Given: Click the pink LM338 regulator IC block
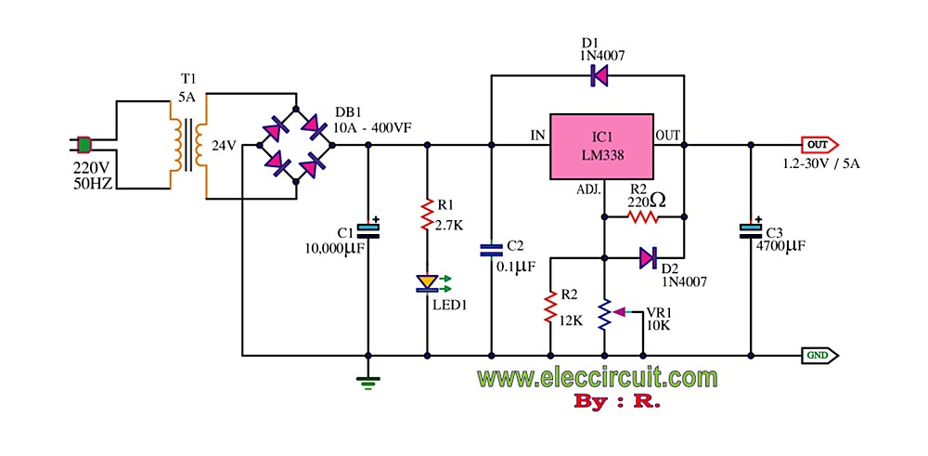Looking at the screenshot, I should tap(602, 146).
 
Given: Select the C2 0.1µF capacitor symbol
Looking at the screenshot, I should tap(492, 249).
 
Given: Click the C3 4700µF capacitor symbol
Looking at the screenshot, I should tap(750, 228).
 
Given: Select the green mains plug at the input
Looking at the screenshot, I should tap(84, 145).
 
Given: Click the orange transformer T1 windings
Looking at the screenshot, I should tap(187, 145).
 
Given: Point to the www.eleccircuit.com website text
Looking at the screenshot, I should tap(598, 378).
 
